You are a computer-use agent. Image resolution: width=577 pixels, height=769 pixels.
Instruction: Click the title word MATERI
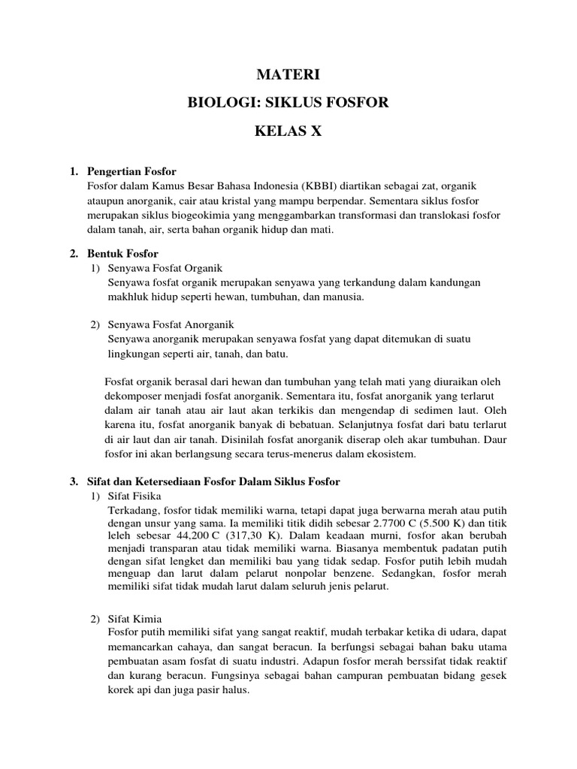(x=288, y=74)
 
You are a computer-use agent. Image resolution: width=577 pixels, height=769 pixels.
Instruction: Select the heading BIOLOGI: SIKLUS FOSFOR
(x=288, y=102)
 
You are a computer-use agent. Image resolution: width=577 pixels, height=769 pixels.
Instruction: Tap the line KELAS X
(x=288, y=130)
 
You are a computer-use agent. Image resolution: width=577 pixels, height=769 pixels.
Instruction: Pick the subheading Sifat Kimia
(x=139, y=619)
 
